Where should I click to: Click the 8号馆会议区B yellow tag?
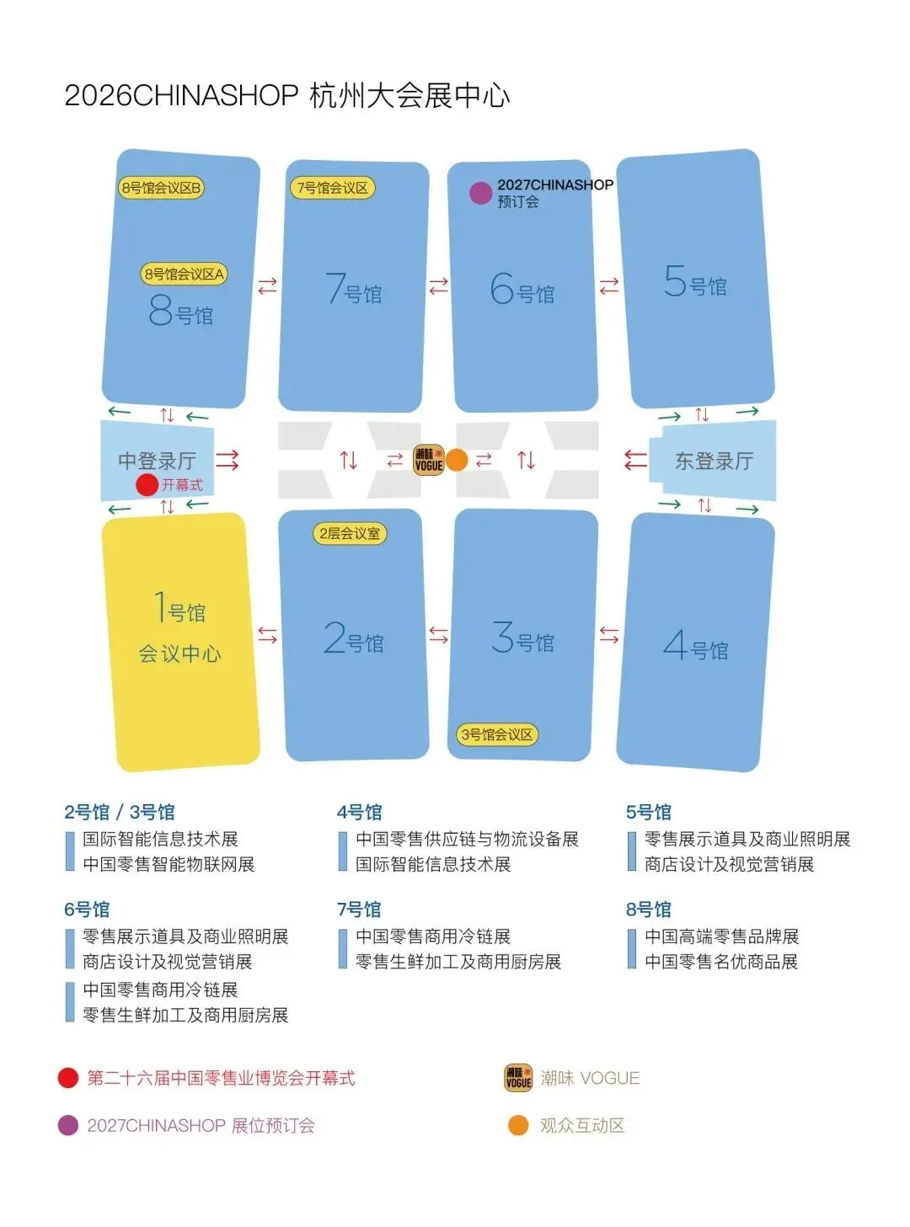(x=161, y=188)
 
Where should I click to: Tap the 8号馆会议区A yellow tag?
(x=184, y=274)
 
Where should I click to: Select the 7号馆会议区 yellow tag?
(x=332, y=188)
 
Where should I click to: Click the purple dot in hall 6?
(x=480, y=193)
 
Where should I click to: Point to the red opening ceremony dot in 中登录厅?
(x=147, y=484)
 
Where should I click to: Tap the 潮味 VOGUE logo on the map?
(x=428, y=460)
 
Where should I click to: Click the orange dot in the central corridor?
(x=456, y=460)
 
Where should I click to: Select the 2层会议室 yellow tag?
(x=350, y=533)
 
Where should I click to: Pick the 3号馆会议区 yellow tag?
(x=497, y=734)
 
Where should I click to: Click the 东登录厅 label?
(x=714, y=461)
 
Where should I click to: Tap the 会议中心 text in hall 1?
(x=179, y=654)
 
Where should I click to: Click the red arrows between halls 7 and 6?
(x=438, y=286)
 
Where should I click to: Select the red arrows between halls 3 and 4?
(x=608, y=635)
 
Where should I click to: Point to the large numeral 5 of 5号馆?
(x=675, y=281)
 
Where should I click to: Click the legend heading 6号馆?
(x=87, y=910)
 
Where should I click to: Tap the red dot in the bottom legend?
(x=68, y=1078)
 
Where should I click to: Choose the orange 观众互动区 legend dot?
(x=518, y=1125)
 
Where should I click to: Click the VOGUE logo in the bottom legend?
(x=518, y=1078)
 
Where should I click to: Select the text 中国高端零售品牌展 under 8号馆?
(x=721, y=936)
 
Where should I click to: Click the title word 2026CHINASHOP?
(x=181, y=95)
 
